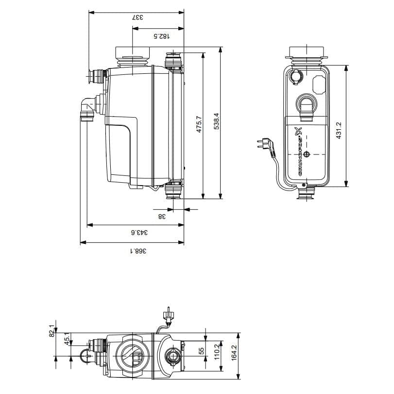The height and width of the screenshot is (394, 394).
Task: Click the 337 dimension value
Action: click(137, 17)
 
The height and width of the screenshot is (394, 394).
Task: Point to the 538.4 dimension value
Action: click(216, 122)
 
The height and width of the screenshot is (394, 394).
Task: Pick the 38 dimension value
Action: click(163, 216)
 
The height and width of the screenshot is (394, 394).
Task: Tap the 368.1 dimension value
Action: click(138, 251)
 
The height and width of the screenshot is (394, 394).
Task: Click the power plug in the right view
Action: click(262, 144)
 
